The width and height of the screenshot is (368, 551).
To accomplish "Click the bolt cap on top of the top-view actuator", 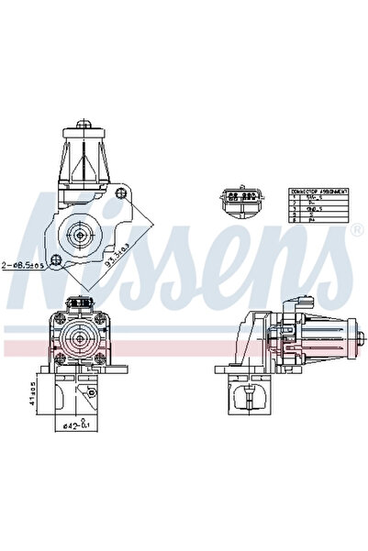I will click(84, 122).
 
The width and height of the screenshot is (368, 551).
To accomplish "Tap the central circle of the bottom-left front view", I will click(81, 342).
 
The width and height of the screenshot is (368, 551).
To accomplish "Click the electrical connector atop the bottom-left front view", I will click(81, 301).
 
